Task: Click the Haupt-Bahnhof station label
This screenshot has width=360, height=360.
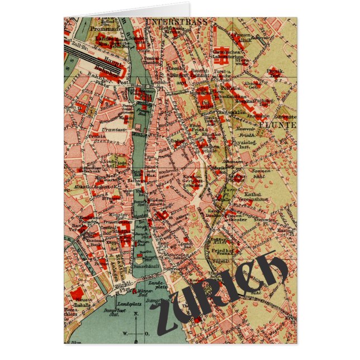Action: [113, 67]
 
